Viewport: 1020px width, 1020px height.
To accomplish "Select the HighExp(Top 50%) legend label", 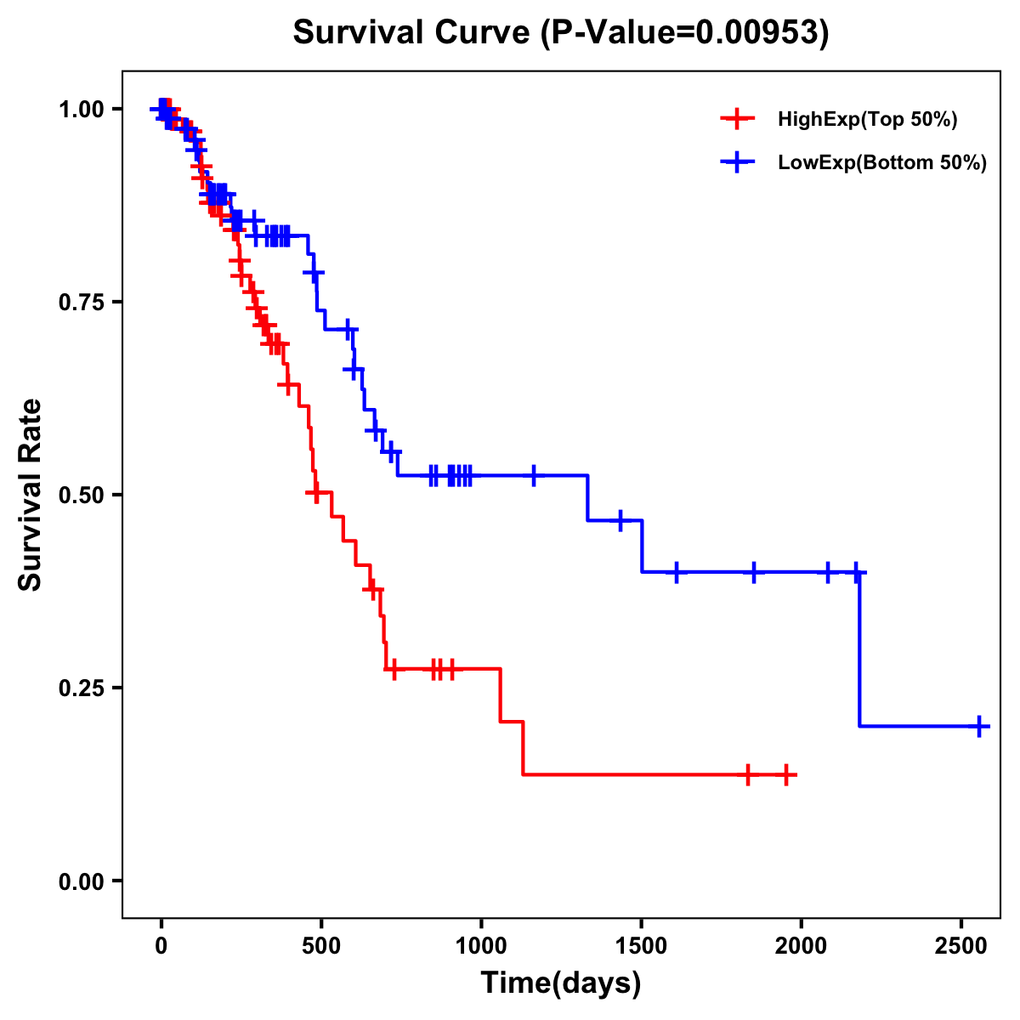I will [x=867, y=120].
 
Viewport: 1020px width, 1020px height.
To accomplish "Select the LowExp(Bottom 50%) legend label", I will [x=882, y=162].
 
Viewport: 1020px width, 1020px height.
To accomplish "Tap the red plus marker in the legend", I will [x=737, y=119].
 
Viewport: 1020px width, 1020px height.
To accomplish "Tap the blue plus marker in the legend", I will [x=737, y=161].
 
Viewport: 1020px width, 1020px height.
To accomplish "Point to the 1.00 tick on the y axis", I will [x=82, y=109].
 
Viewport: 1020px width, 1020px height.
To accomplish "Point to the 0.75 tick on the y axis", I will [x=82, y=302].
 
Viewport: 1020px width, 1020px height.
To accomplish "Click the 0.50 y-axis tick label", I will [x=82, y=495].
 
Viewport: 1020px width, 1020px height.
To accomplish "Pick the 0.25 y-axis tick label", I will [x=82, y=688].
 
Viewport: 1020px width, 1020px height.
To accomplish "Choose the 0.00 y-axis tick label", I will [x=82, y=881].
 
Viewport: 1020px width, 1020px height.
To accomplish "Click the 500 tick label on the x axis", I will [x=321, y=944].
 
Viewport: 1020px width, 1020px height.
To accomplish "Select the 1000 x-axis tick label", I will [x=481, y=944].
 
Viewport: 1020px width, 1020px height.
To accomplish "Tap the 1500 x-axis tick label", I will [x=642, y=944].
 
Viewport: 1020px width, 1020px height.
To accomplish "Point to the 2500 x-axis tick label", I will [x=961, y=944].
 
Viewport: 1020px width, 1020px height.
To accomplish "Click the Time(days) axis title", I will [x=561, y=983].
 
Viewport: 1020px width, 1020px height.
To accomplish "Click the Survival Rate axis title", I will [x=31, y=495].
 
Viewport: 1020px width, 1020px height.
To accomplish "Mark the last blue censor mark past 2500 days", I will [x=980, y=727].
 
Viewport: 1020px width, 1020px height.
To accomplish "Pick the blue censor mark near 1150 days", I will [x=534, y=475].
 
